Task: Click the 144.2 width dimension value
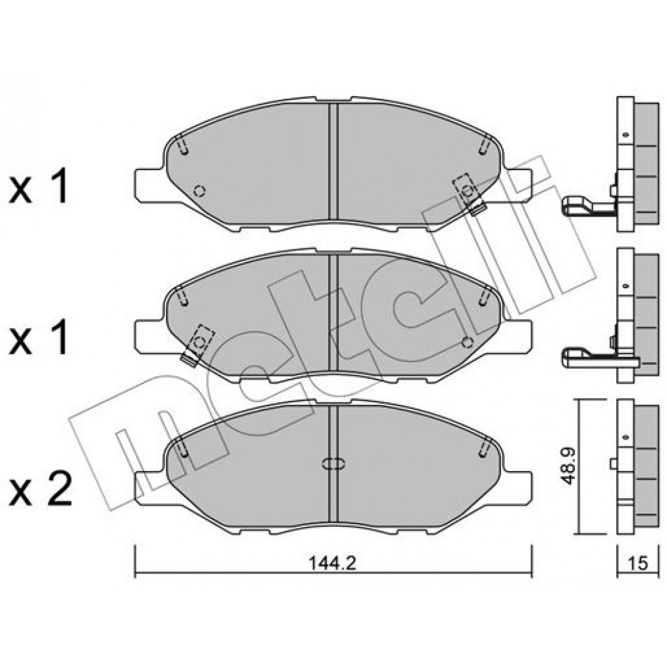pyautogui.click(x=331, y=563)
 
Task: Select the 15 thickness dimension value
pyautogui.click(x=638, y=563)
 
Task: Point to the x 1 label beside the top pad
pyautogui.click(x=39, y=186)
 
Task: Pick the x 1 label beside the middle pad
pyautogui.click(x=39, y=338)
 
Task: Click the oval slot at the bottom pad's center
pyautogui.click(x=333, y=464)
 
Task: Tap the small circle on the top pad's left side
pyautogui.click(x=199, y=191)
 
